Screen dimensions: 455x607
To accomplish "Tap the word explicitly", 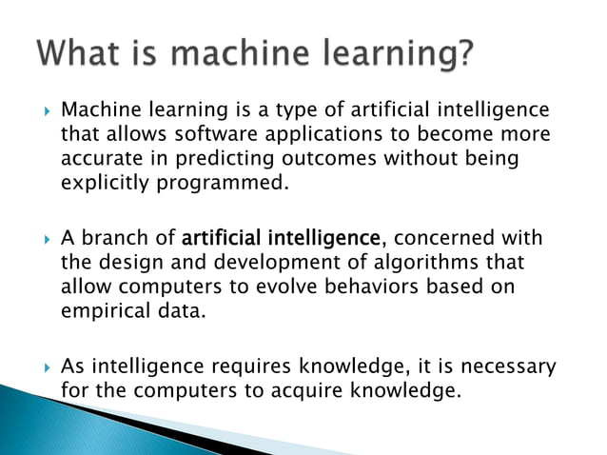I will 102,184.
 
